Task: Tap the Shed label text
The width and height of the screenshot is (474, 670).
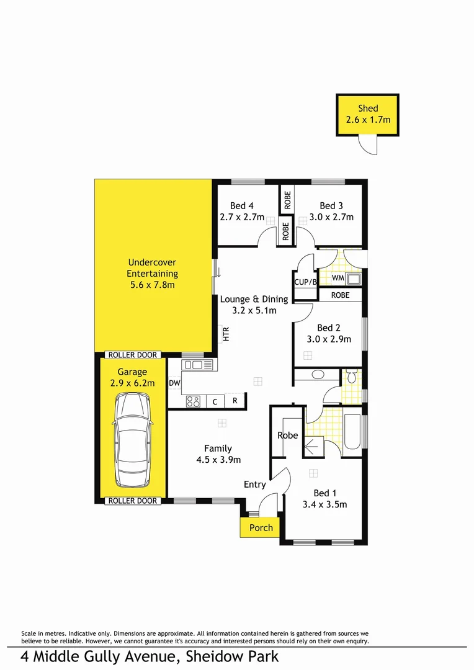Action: click(x=368, y=109)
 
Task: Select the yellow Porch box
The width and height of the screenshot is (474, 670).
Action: click(x=261, y=528)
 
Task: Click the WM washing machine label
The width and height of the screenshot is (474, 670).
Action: click(x=338, y=278)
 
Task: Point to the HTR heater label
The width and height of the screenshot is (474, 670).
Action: click(x=226, y=334)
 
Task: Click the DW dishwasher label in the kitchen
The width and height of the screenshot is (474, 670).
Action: click(x=174, y=383)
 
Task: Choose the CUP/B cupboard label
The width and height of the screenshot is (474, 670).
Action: click(x=305, y=282)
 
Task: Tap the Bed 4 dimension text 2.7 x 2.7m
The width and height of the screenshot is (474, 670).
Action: click(x=242, y=218)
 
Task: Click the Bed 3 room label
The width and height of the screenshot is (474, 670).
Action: click(x=331, y=206)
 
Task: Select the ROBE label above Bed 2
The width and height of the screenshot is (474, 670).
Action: click(x=340, y=295)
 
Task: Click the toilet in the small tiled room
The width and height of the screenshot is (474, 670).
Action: click(x=351, y=377)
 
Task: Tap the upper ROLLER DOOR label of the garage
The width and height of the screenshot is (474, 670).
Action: click(x=133, y=355)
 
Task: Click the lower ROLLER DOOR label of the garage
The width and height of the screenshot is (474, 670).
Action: click(x=133, y=501)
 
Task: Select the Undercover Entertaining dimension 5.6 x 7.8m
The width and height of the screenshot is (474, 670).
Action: click(x=152, y=284)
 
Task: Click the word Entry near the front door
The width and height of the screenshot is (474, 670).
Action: click(x=254, y=485)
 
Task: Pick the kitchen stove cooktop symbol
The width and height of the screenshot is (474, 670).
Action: click(x=193, y=401)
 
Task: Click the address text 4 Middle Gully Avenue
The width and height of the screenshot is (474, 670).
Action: click(x=105, y=656)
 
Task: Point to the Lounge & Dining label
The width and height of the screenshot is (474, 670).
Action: click(x=254, y=299)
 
